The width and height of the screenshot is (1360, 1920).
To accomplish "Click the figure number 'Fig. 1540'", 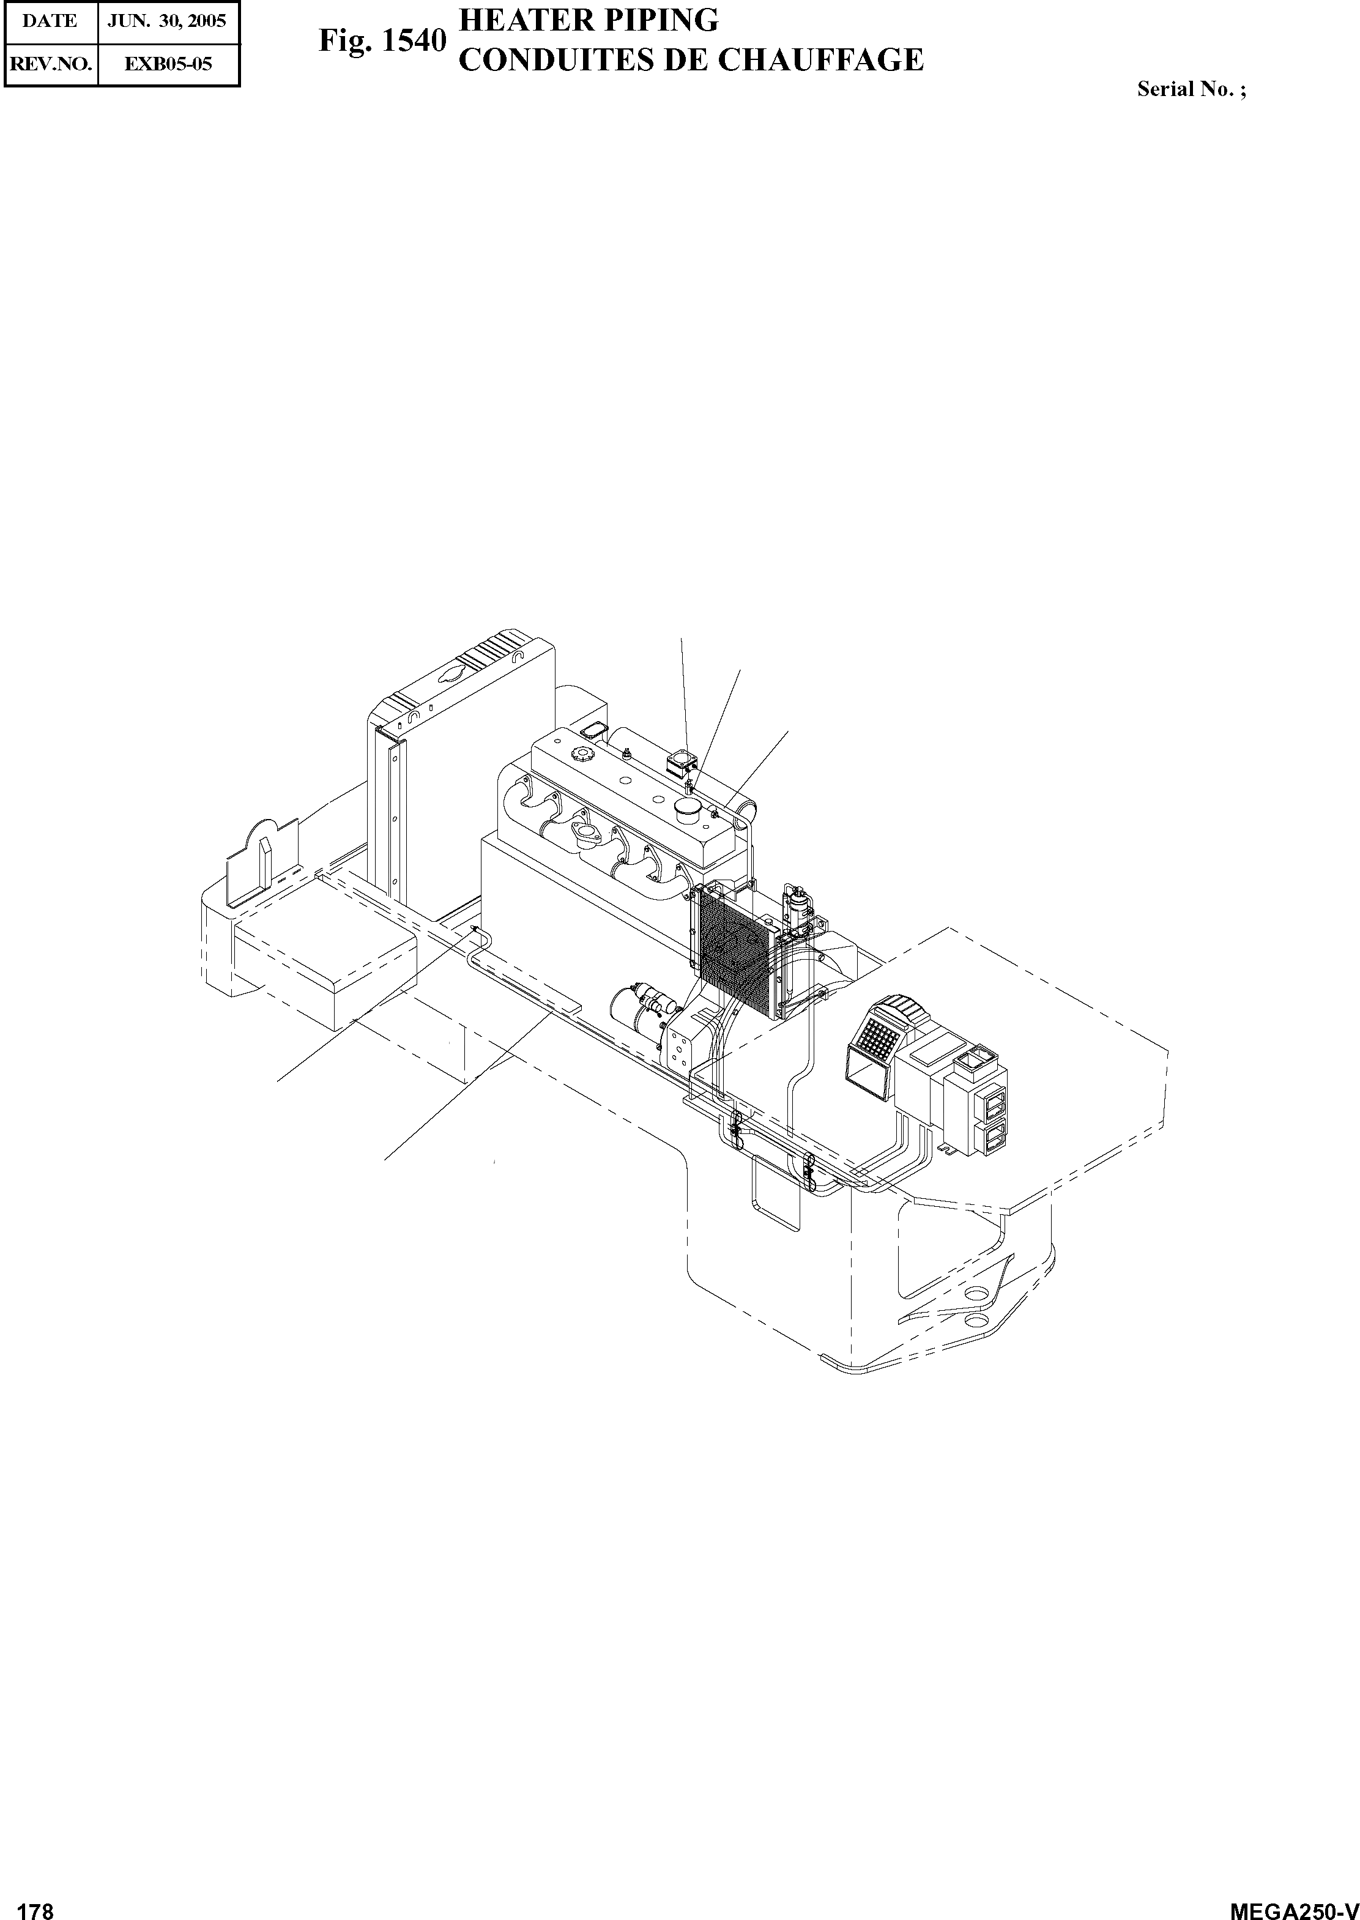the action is tap(381, 42).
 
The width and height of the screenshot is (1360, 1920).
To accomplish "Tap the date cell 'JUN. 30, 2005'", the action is tap(168, 21).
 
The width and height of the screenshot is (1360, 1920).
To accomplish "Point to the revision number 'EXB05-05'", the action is tap(168, 64).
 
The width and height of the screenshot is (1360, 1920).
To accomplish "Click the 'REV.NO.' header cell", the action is tap(50, 64).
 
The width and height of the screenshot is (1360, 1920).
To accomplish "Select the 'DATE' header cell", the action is tap(50, 21).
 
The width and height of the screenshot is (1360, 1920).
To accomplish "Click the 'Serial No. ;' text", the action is tap(1191, 89).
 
